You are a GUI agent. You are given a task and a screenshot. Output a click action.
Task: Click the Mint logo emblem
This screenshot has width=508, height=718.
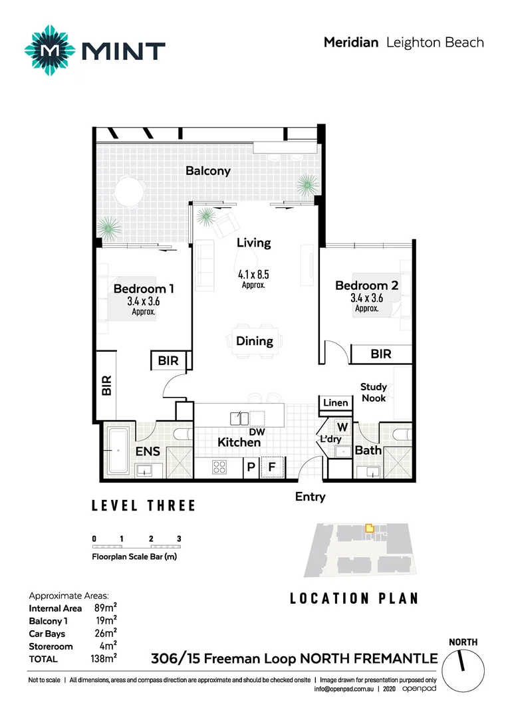[51, 51]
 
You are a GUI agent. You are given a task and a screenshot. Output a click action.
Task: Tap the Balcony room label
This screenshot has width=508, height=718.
[208, 171]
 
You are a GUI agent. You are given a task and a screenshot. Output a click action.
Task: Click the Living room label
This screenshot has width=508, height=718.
[253, 243]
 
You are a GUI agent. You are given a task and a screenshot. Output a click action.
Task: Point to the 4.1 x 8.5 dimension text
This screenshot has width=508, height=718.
[253, 273]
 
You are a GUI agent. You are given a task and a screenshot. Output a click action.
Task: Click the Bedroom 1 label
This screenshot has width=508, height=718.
[144, 289]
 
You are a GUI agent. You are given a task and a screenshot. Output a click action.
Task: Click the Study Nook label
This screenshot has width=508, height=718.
[373, 392]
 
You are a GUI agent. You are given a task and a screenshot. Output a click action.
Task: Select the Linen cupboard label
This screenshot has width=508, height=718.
[335, 403]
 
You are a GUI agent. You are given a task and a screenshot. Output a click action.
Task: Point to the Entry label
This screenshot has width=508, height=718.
[310, 496]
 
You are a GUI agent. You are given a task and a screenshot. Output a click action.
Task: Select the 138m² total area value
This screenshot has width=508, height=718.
[104, 659]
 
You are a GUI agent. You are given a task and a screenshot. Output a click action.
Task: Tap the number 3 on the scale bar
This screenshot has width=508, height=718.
[179, 538]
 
